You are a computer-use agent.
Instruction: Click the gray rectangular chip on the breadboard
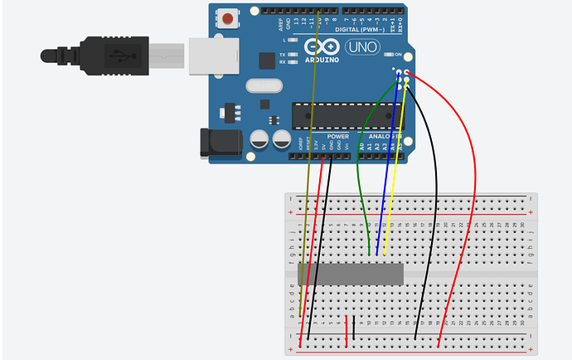[350, 274]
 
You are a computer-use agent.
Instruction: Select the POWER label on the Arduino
[337, 136]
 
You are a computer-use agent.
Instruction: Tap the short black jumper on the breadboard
[354, 328]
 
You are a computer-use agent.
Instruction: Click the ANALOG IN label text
[381, 136]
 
